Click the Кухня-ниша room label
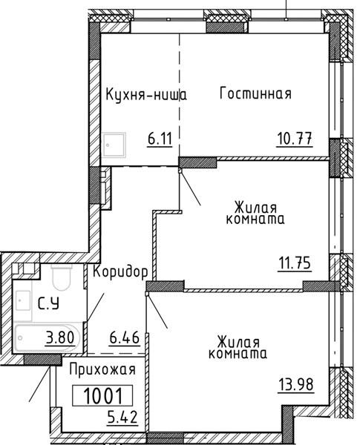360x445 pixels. [x=146, y=95]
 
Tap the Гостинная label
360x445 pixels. [x=255, y=93]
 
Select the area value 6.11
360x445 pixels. [x=160, y=139]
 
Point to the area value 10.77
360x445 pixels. [x=295, y=139]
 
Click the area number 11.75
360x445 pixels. [x=295, y=263]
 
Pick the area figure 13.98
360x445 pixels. [x=296, y=385]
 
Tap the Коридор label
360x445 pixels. [x=120, y=272]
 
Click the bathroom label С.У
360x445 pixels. [x=48, y=304]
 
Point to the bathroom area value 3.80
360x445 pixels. [x=60, y=338]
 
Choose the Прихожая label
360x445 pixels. [x=102, y=371]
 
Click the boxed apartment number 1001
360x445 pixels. [x=102, y=395]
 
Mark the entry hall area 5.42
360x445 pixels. [x=122, y=417]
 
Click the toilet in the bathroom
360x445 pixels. [x=62, y=277]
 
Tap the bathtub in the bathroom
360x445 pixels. [x=47, y=337]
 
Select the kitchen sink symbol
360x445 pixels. [x=114, y=145]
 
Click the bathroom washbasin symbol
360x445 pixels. [x=23, y=300]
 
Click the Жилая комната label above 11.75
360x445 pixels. [x=255, y=214]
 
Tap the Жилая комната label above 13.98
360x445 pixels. [x=238, y=348]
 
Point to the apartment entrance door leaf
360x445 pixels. [x=40, y=383]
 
